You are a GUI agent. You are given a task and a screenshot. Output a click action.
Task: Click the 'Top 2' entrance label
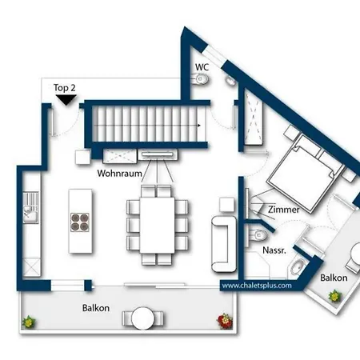[65, 88]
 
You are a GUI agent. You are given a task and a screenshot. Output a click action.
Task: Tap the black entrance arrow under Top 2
[66, 100]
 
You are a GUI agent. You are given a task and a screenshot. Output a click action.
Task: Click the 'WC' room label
[202, 67]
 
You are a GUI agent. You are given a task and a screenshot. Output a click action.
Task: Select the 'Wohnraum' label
[119, 174]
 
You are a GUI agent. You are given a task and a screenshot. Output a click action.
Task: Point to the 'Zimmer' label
[284, 210]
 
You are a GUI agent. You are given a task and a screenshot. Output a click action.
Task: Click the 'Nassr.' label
[274, 250]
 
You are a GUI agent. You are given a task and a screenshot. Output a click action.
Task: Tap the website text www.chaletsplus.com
[257, 286]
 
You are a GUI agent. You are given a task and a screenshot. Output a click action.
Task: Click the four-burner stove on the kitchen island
[80, 222]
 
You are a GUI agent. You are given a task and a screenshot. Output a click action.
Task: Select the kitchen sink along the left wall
[31, 208]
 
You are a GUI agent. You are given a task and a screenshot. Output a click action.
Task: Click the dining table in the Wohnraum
[158, 225]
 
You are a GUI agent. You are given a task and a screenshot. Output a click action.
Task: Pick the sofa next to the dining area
[224, 244]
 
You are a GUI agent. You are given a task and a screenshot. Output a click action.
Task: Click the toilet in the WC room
[200, 79]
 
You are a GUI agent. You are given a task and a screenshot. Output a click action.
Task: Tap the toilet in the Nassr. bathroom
[258, 235]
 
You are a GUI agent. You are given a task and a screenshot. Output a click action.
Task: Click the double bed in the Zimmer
[306, 174]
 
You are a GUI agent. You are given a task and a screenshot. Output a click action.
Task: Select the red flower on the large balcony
[226, 321]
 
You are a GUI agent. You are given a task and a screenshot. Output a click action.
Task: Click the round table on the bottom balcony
[142, 318]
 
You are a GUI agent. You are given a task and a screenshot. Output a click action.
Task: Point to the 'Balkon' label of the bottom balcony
[96, 308]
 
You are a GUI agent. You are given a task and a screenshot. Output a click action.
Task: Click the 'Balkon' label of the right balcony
[334, 278]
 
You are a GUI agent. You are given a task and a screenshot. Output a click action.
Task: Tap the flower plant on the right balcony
[335, 296]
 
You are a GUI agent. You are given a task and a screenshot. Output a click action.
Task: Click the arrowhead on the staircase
[199, 125]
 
